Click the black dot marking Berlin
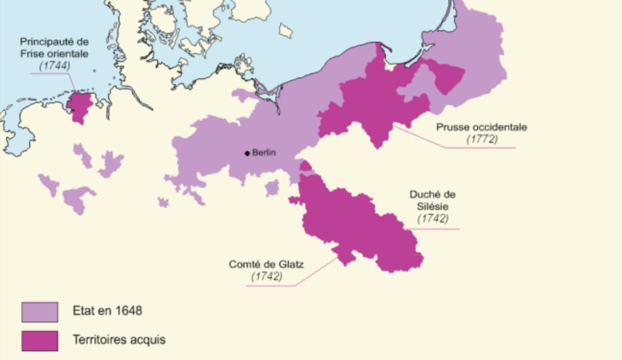(248, 153)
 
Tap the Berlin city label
(264, 153)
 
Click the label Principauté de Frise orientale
(54, 47)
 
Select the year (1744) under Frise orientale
(54, 66)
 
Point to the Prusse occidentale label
(482, 127)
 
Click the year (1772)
(482, 139)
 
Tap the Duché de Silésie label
(432, 200)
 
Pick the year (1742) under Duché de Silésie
(433, 219)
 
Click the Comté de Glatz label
(266, 264)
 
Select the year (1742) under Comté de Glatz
(266, 277)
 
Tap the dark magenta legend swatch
(39, 341)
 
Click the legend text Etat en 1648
(107, 311)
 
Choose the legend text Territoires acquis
(119, 340)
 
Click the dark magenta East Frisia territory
(79, 106)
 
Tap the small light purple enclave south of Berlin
(272, 188)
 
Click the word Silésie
(432, 206)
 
